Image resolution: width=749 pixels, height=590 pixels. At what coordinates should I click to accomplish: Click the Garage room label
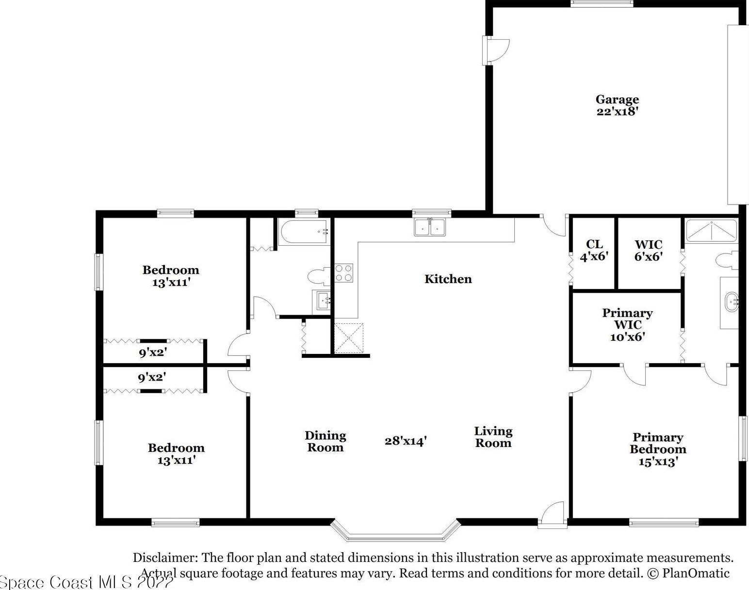[617, 99]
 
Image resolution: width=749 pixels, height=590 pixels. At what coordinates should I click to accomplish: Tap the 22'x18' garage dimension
[618, 112]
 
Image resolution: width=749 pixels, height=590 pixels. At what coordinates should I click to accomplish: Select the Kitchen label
[448, 279]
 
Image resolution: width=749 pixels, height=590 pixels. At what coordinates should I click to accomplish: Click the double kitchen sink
[430, 227]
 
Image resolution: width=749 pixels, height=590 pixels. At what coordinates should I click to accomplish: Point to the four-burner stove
[343, 273]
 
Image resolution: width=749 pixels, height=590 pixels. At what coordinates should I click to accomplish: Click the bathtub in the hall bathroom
[304, 232]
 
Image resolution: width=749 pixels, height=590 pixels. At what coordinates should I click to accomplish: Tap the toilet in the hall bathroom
[318, 276]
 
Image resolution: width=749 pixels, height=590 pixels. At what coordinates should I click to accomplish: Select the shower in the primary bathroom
[711, 231]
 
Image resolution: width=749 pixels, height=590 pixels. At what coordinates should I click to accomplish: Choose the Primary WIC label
[627, 319]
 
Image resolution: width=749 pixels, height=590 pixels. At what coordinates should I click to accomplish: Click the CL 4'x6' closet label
[594, 250]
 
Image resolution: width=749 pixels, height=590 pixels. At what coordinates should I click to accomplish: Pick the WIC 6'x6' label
[648, 251]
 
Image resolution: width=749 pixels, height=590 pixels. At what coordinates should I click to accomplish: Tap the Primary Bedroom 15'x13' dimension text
[657, 462]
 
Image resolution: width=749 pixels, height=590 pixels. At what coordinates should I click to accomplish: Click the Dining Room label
[326, 442]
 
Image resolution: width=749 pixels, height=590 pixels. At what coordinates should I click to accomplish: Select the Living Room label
[493, 437]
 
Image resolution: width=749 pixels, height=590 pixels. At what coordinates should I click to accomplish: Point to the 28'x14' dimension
[406, 441]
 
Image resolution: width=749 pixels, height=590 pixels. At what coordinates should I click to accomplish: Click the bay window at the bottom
[395, 539]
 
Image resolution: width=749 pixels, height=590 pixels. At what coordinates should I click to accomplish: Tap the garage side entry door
[496, 51]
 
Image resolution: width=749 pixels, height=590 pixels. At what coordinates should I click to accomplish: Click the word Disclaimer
[165, 558]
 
